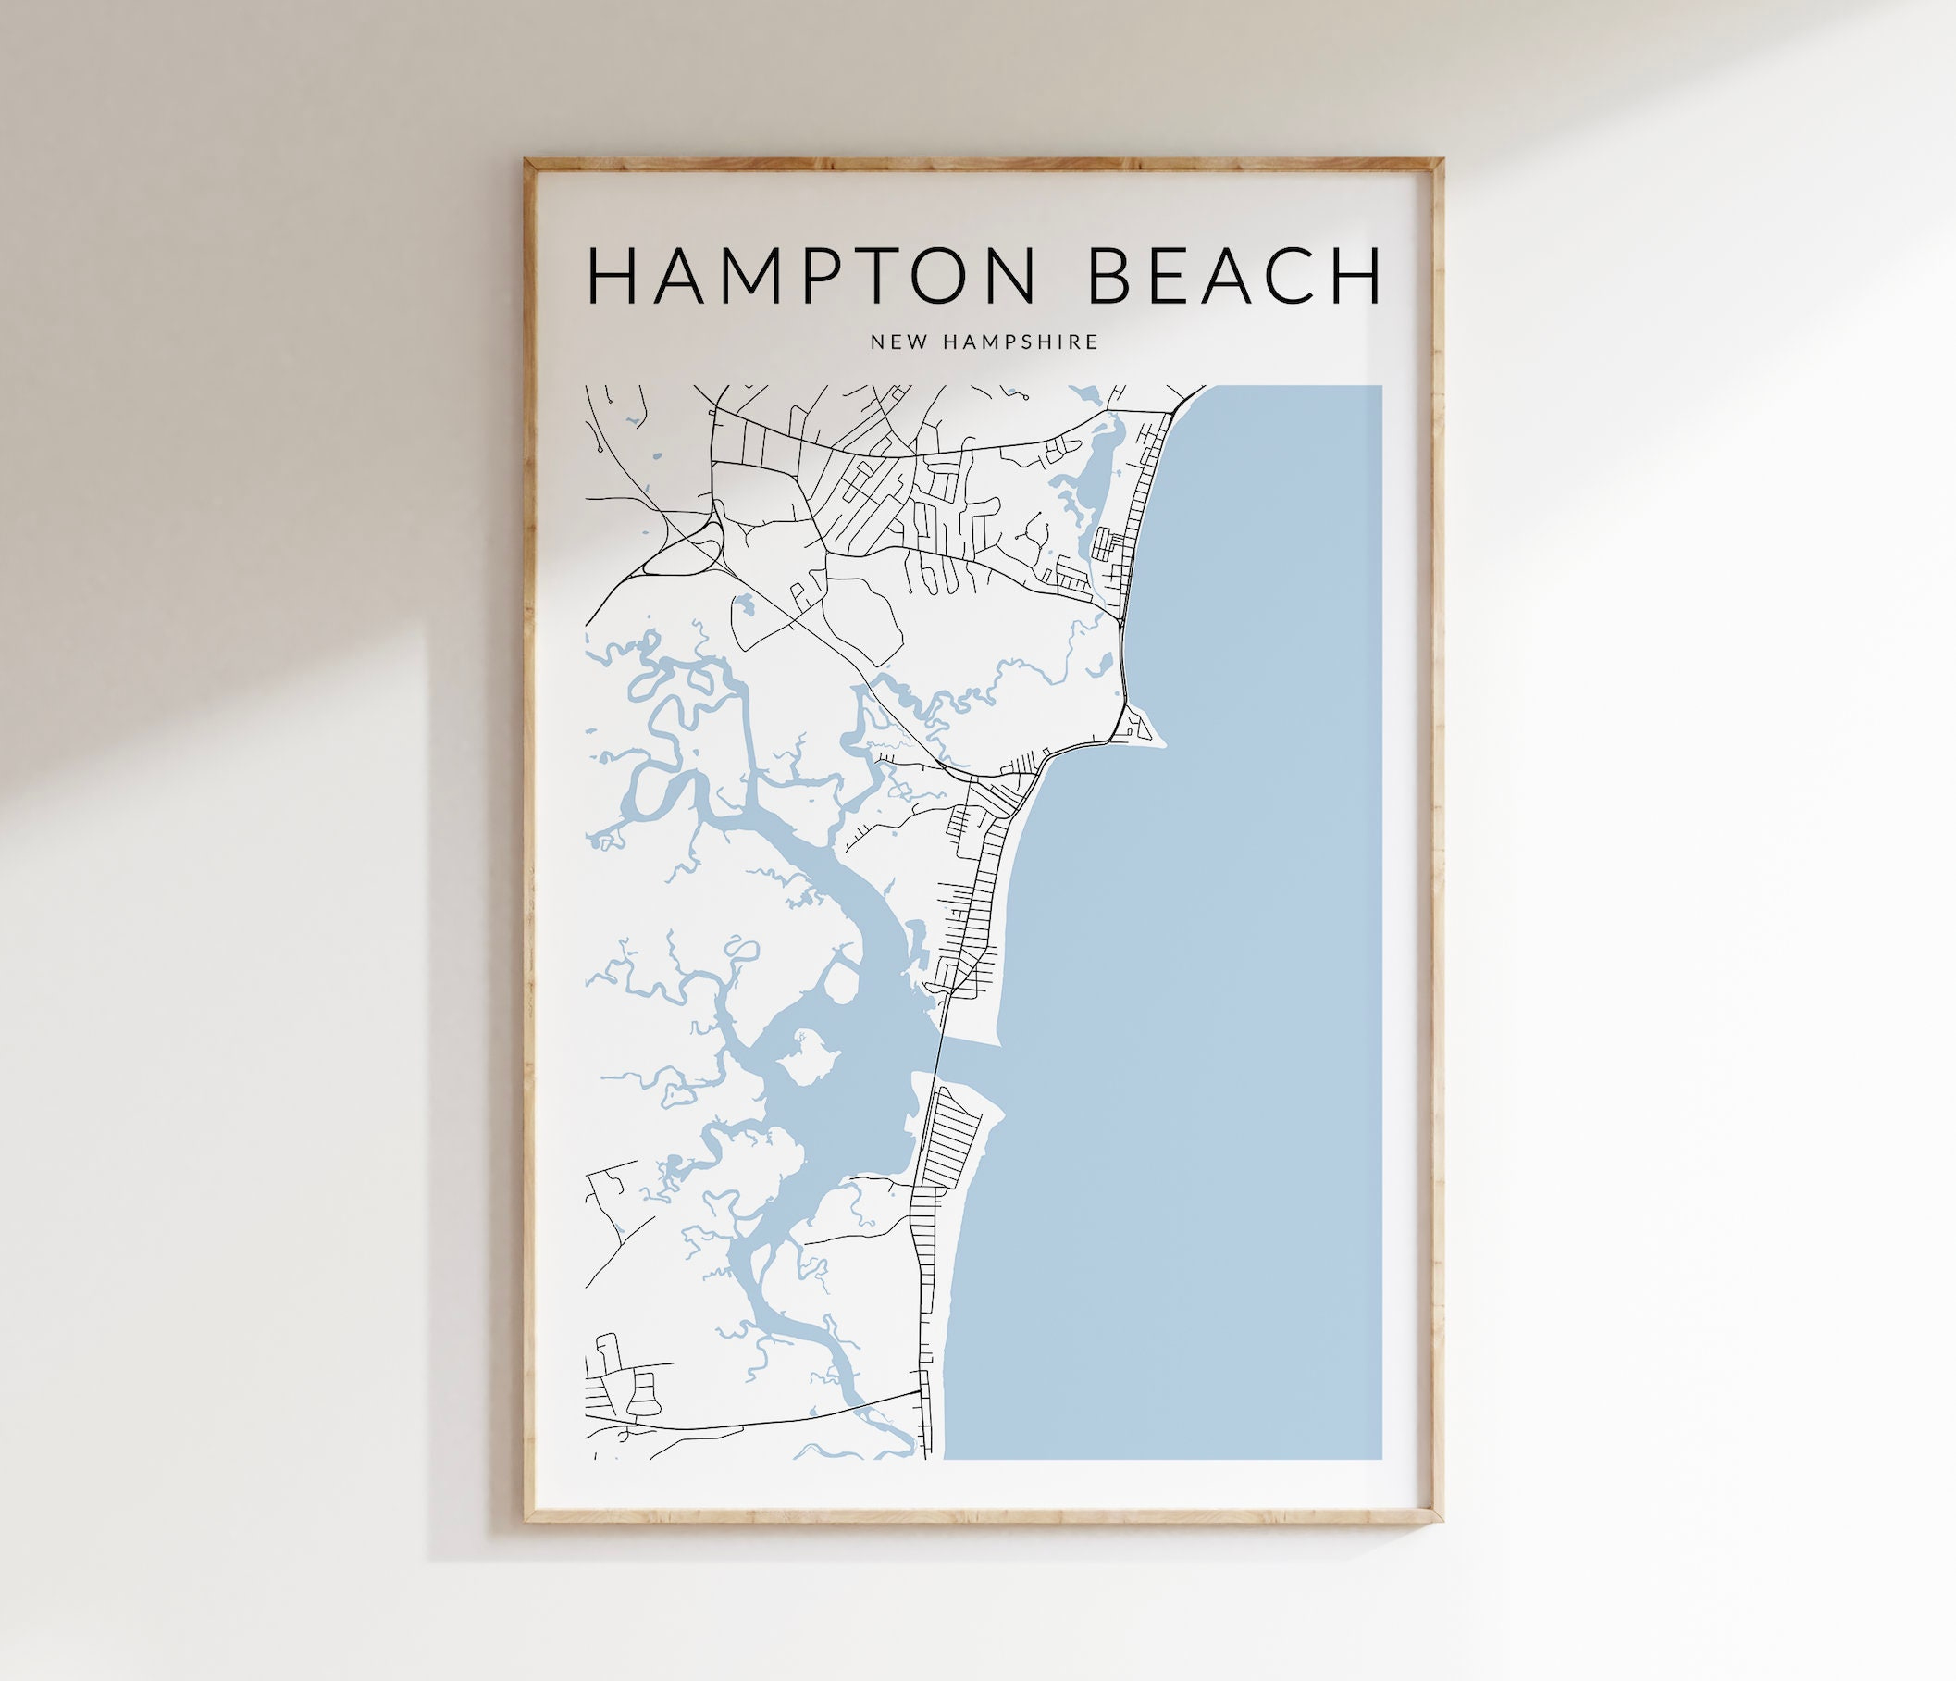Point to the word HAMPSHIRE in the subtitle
1021,342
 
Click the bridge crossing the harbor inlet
938,1059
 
